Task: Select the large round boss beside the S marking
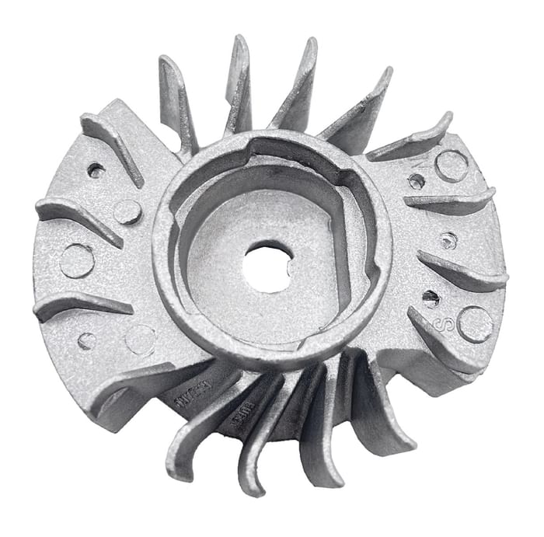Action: click(x=475, y=324)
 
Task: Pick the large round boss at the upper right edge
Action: click(x=452, y=166)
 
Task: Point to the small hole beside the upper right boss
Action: click(x=417, y=180)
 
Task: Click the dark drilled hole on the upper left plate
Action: click(x=96, y=169)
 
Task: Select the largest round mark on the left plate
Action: click(x=77, y=261)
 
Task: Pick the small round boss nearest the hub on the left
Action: click(x=127, y=211)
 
